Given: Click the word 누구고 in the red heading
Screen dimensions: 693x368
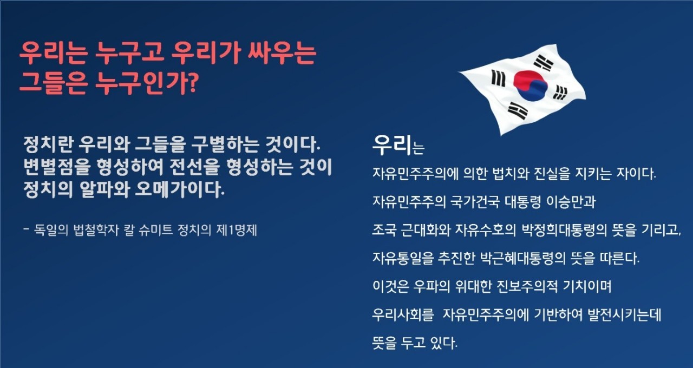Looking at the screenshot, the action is click(129, 53).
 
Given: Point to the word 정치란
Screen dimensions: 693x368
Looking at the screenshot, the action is click(49, 144).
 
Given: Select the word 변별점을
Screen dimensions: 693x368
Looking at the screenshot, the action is click(57, 167).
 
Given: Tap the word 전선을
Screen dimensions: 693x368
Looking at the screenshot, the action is click(194, 167).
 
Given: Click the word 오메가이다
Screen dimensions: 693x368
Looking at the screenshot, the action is click(180, 189).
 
